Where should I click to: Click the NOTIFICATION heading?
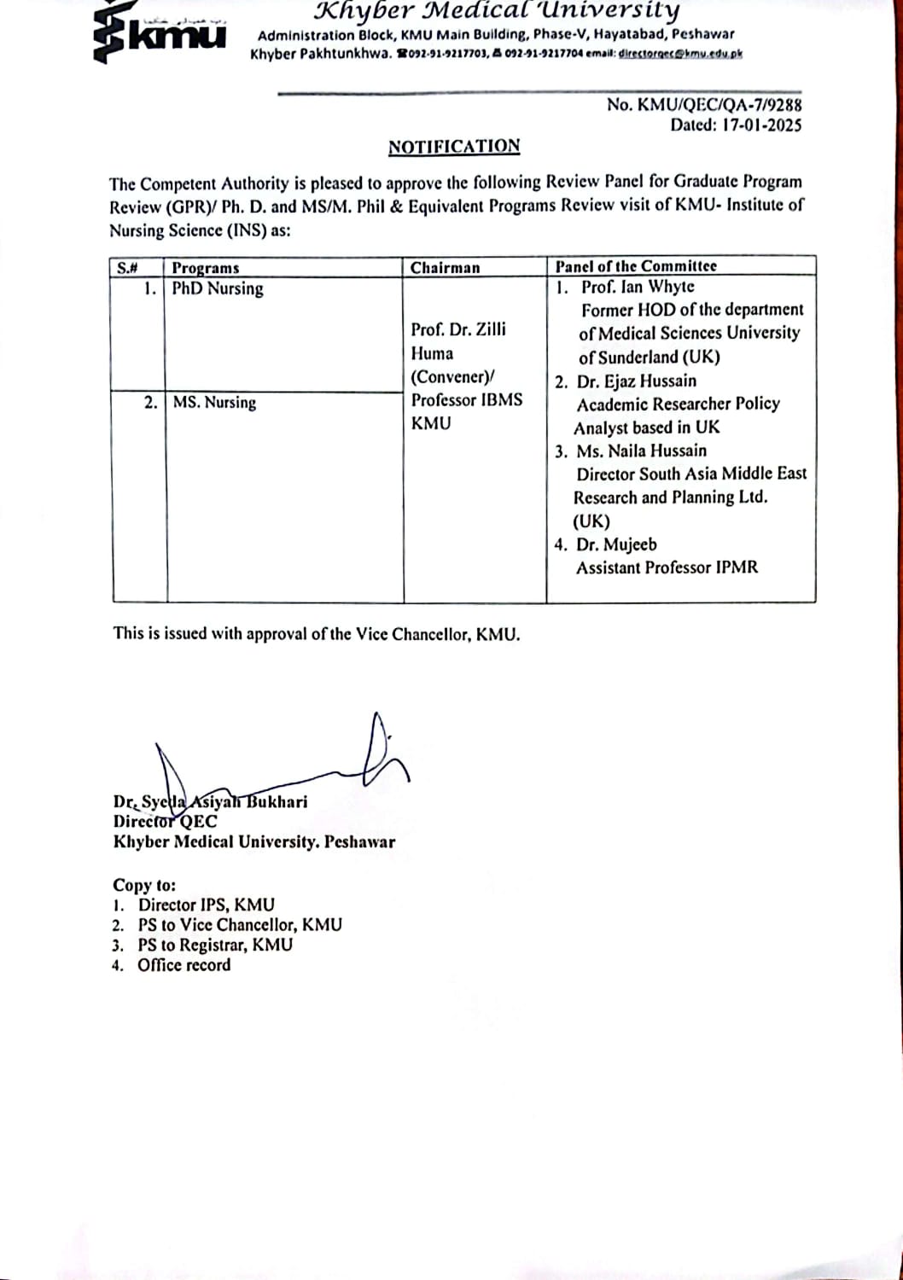coord(454,147)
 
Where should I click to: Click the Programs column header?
coord(206,268)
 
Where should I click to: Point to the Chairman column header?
coord(445,268)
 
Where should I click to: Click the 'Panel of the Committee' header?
coord(636,266)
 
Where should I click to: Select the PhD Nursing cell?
coord(218,288)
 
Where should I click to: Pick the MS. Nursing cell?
coord(214,402)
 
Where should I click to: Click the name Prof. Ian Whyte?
coord(638,287)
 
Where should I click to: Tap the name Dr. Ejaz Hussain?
coord(637,381)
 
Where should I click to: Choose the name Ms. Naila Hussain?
coord(641,451)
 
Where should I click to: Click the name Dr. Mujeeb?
coord(616,544)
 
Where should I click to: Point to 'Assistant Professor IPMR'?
coord(667,567)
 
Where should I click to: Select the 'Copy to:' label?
coord(144,885)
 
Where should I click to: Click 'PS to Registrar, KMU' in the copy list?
coord(215,945)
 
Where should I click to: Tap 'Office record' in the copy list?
coord(184,965)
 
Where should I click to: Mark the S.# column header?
coord(127,268)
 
